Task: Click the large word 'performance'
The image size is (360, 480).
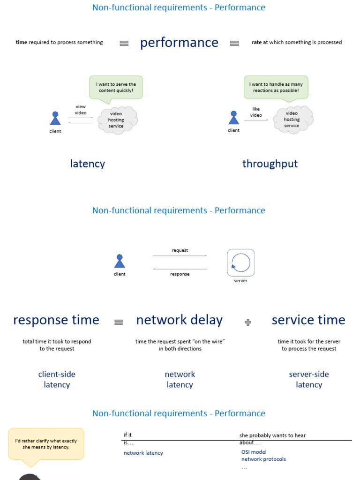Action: [179, 43]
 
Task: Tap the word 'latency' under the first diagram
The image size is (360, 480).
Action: [88, 164]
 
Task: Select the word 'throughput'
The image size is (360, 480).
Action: [270, 164]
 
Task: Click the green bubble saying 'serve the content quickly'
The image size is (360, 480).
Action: [116, 87]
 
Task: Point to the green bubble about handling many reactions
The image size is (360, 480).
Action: [276, 87]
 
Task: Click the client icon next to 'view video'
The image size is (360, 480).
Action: [55, 119]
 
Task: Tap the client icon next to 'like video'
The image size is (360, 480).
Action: [233, 118]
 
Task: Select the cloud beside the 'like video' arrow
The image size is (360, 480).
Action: [293, 120]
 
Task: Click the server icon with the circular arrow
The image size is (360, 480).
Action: [240, 262]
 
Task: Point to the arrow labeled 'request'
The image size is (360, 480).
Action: [180, 255]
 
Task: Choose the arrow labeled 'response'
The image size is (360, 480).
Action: [180, 269]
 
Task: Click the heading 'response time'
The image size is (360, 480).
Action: [56, 320]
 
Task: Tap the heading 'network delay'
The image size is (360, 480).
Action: [180, 320]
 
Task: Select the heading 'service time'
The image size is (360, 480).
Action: [308, 320]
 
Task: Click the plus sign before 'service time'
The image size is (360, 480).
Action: [248, 322]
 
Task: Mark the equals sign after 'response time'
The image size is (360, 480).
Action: [119, 322]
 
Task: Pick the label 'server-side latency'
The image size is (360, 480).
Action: [309, 379]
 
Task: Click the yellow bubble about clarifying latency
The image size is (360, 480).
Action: [46, 444]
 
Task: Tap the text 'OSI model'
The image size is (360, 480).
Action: [254, 452]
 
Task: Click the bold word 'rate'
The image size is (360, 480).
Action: [256, 42]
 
